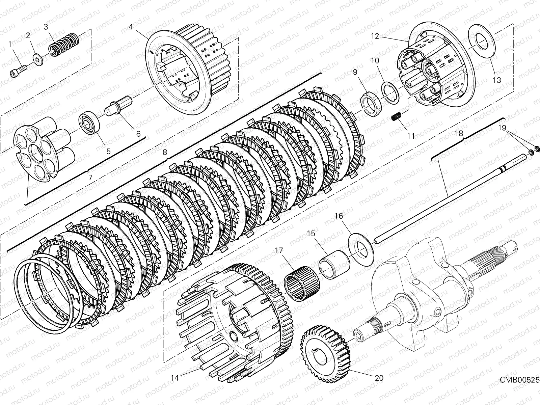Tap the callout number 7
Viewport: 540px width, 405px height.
(90, 177)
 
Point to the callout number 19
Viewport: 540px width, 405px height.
(502, 128)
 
